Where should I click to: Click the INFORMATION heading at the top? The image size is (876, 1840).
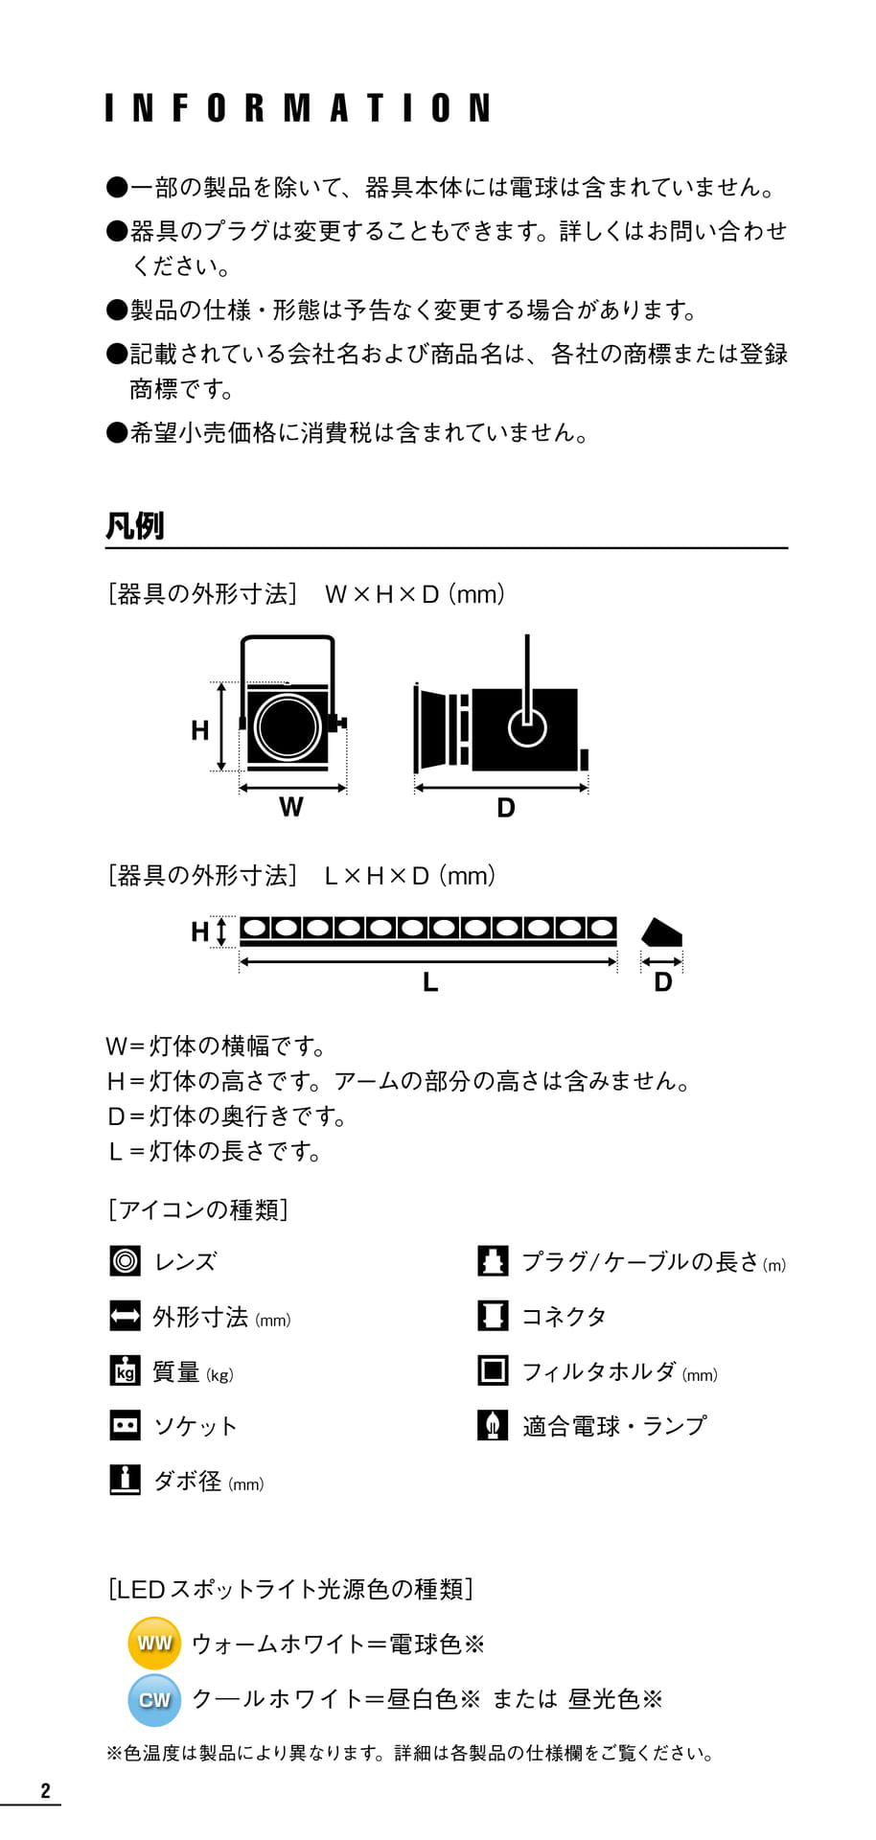pos(298,107)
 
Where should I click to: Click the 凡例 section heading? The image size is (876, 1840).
pos(134,526)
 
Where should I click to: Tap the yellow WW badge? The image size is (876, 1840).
pos(154,1643)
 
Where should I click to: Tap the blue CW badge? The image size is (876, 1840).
pos(154,1699)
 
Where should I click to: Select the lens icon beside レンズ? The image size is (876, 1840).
pos(126,1261)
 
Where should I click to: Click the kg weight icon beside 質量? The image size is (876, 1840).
pos(126,1370)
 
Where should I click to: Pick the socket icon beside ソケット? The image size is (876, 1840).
pos(126,1425)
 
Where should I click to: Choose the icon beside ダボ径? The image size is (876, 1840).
pos(126,1480)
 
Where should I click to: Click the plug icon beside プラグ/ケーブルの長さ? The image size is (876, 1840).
pos(493,1261)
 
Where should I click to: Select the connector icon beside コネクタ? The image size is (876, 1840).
pos(493,1316)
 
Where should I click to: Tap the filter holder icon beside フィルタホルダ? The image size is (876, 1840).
pos(493,1370)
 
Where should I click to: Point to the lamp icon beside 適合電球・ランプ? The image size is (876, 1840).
pos(493,1425)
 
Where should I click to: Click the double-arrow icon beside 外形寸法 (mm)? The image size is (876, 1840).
pos(126,1316)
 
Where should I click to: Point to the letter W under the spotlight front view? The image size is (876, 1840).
pos(291,807)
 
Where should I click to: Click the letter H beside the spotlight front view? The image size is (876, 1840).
pos(199,730)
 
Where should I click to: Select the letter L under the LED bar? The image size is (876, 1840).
pos(430,981)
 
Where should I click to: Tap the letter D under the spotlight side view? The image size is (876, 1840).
pos(506,808)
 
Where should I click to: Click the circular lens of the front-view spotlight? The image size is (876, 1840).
pos(288,725)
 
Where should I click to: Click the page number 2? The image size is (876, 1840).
pos(45,1790)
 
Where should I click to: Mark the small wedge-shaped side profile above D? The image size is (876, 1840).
pos(661,932)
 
